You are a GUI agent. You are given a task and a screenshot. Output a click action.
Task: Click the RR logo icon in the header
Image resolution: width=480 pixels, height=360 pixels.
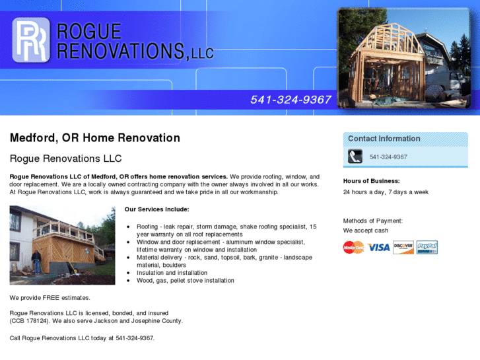[31, 40]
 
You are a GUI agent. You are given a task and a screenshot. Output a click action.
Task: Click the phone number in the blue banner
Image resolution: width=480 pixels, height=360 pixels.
[291, 100]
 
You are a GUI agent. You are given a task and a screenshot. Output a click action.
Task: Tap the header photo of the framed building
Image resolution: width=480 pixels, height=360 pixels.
[403, 57]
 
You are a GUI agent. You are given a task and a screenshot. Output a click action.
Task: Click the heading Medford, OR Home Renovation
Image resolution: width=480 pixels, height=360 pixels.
[94, 138]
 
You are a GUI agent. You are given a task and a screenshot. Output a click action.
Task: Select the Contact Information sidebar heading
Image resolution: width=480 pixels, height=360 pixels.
[384, 139]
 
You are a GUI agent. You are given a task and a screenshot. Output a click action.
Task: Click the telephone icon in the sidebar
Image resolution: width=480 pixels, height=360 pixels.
[355, 157]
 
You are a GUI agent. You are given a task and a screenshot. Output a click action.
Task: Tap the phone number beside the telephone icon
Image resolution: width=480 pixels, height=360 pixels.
[388, 157]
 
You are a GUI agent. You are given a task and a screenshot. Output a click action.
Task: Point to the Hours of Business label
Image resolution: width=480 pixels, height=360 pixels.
[371, 181]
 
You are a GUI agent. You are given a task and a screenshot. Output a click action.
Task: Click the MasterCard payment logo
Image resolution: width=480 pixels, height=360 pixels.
[353, 247]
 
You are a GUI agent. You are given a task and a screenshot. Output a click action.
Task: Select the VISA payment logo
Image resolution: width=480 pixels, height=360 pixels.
[379, 247]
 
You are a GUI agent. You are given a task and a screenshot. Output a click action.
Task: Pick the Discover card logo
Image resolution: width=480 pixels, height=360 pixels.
[403, 247]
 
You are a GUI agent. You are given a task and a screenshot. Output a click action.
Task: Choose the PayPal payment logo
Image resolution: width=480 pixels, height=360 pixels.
[427, 247]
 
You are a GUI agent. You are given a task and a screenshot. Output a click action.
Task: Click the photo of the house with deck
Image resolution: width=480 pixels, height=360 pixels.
[62, 245]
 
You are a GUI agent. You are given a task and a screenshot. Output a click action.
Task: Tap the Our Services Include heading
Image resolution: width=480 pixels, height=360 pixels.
[156, 209]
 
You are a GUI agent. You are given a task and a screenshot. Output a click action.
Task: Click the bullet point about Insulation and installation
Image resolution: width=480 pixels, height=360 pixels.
[172, 273]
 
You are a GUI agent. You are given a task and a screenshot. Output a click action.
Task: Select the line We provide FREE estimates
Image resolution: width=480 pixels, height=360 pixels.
[50, 298]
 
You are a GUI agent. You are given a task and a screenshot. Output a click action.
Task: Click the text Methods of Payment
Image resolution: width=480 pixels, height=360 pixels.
[372, 221]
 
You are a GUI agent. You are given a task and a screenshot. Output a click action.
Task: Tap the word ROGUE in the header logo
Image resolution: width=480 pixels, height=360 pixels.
[89, 32]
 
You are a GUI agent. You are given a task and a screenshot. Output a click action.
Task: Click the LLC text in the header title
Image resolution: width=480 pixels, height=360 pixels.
[203, 53]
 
